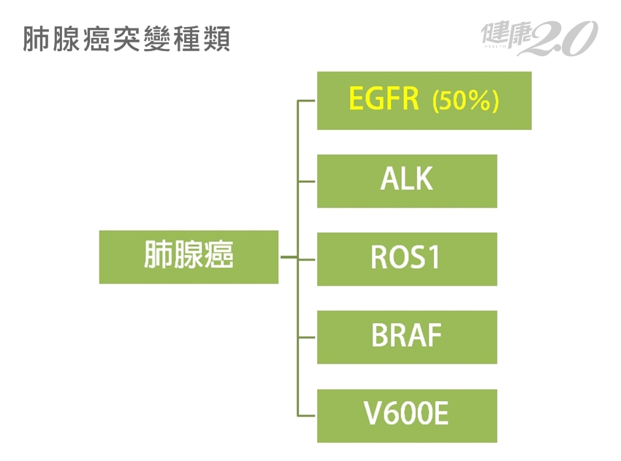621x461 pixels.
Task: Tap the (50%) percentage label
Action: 465,101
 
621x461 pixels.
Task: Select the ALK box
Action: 407,180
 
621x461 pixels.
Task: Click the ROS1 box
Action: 407,259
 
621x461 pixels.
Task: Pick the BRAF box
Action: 407,337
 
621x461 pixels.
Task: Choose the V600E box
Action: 407,415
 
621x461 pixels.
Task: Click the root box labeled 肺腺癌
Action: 188,257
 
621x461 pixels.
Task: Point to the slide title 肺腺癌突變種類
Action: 126,40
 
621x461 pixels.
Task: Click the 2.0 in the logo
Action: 563,38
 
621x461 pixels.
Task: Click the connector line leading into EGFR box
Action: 307,101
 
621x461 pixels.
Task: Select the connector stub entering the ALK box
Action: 307,180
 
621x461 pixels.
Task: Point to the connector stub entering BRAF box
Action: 307,337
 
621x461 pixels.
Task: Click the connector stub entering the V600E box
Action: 307,415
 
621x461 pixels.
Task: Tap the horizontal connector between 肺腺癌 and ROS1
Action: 289,258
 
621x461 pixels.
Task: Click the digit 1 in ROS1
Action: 434,259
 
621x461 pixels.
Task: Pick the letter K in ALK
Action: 424,180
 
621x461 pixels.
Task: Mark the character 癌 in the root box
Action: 219,257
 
